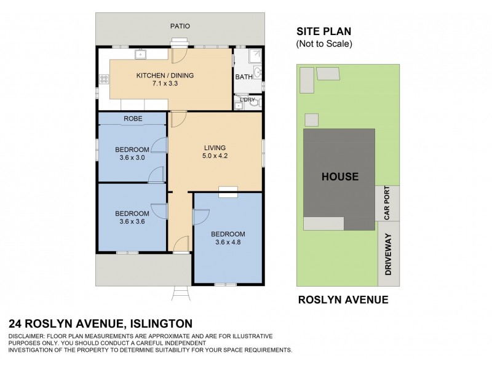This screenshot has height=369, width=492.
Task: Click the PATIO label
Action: pyautogui.click(x=180, y=26)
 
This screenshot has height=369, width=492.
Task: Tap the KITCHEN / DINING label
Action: pyautogui.click(x=164, y=76)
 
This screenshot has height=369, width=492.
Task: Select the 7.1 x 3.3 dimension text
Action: pyautogui.click(x=164, y=84)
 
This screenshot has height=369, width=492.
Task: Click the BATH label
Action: pyautogui.click(x=243, y=77)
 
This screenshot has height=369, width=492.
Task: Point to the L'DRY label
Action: pyautogui.click(x=247, y=99)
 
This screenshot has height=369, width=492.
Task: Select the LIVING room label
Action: pyautogui.click(x=215, y=148)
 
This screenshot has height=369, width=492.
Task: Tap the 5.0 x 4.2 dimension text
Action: pyautogui.click(x=215, y=156)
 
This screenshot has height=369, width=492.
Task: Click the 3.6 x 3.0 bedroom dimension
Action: pyautogui.click(x=132, y=158)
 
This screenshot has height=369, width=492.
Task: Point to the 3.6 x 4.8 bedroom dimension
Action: pyautogui.click(x=228, y=242)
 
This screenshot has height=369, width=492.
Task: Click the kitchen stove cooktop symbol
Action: pyautogui.click(x=103, y=79)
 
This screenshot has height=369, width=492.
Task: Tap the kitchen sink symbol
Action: pyautogui.click(x=141, y=55)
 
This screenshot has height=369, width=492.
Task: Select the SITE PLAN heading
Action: pyautogui.click(x=323, y=32)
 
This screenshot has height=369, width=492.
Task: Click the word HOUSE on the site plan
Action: pyautogui.click(x=339, y=177)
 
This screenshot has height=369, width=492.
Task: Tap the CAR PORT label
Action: pyautogui.click(x=387, y=203)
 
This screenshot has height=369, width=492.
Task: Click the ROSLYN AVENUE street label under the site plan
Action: pyautogui.click(x=343, y=300)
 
